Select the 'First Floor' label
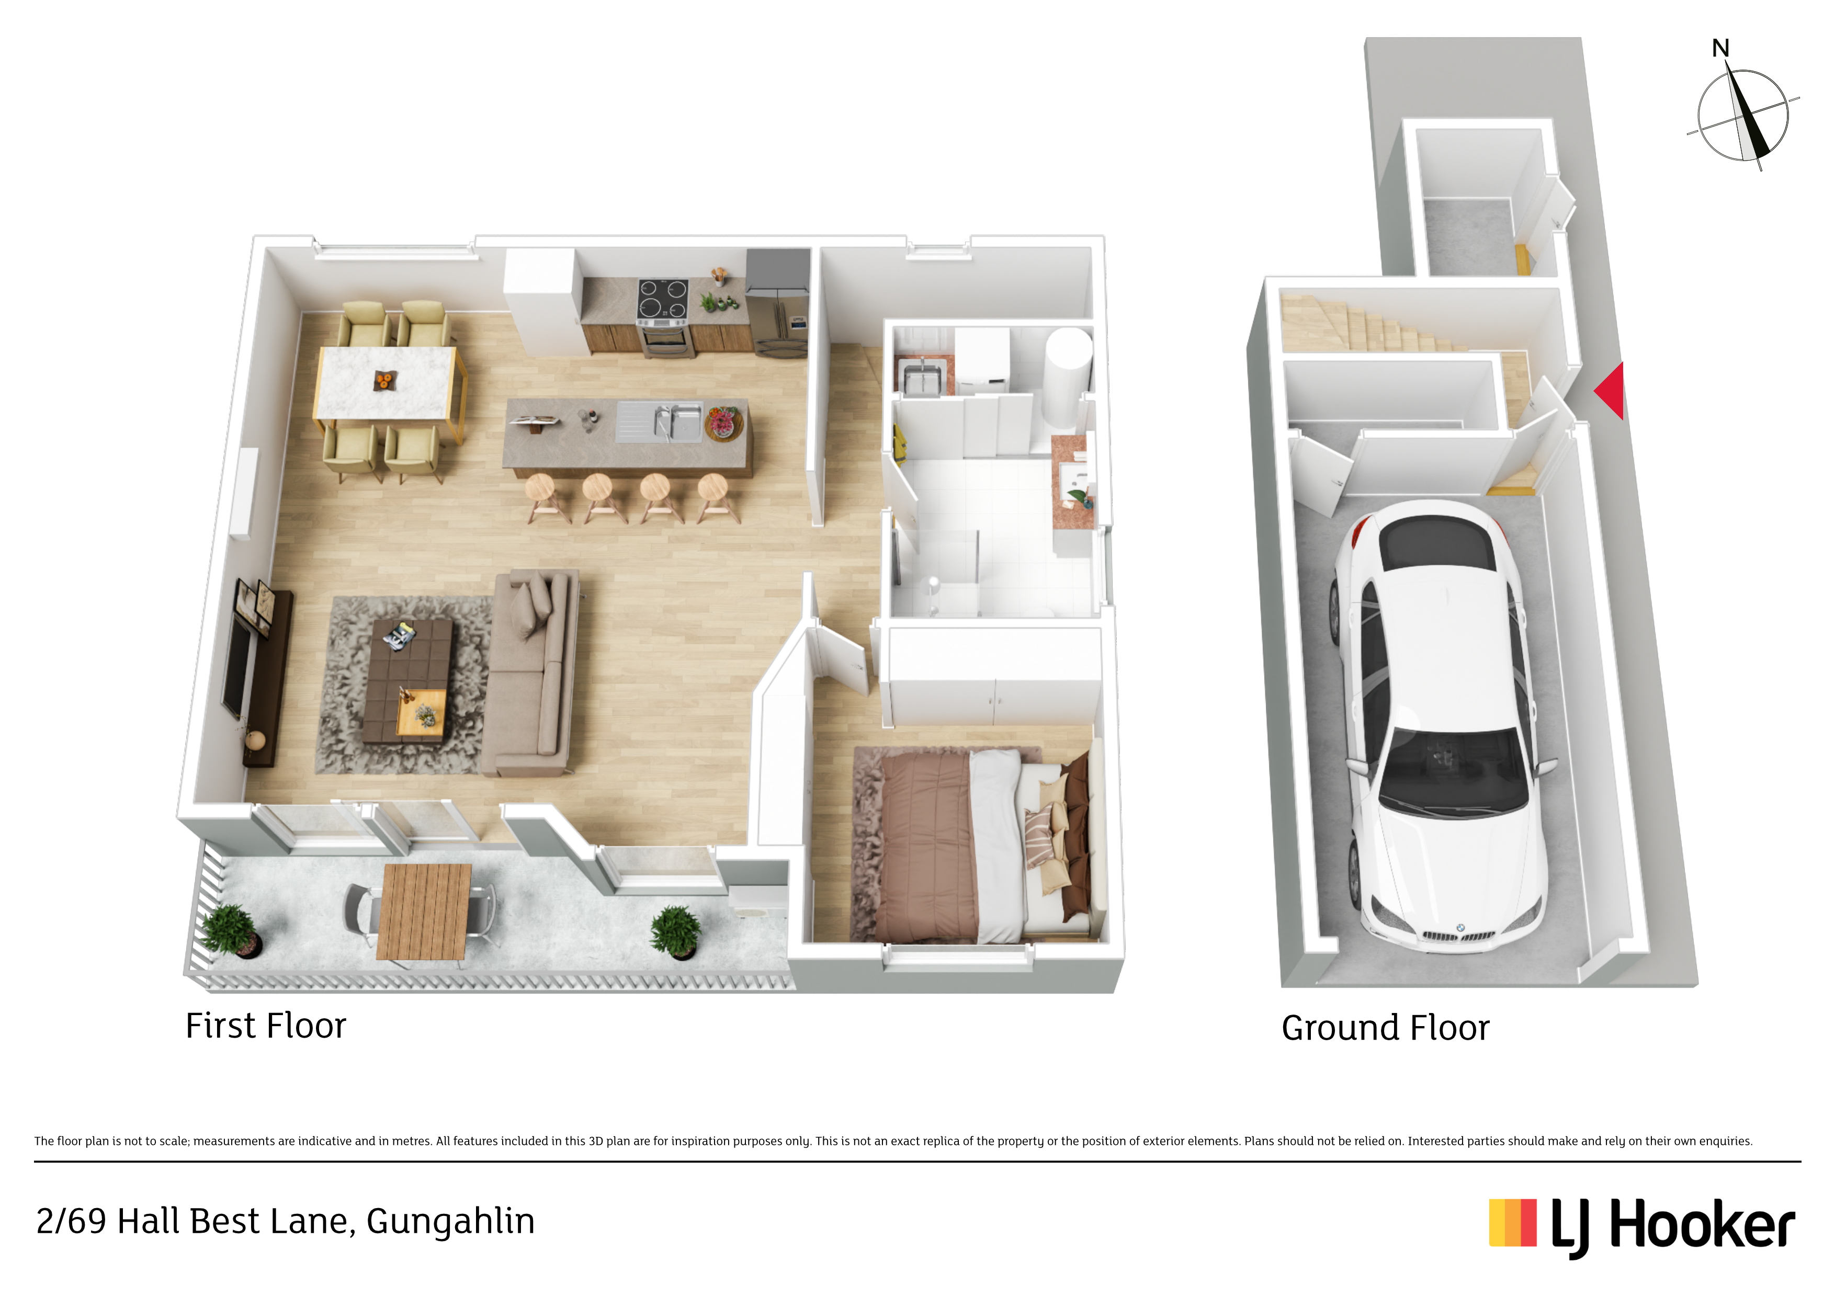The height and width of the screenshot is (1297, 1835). [x=266, y=1026]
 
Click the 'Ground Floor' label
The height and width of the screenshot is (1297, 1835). [x=1386, y=1029]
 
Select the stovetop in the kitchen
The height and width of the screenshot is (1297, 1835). [x=663, y=299]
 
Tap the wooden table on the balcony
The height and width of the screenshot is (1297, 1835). [x=424, y=911]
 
